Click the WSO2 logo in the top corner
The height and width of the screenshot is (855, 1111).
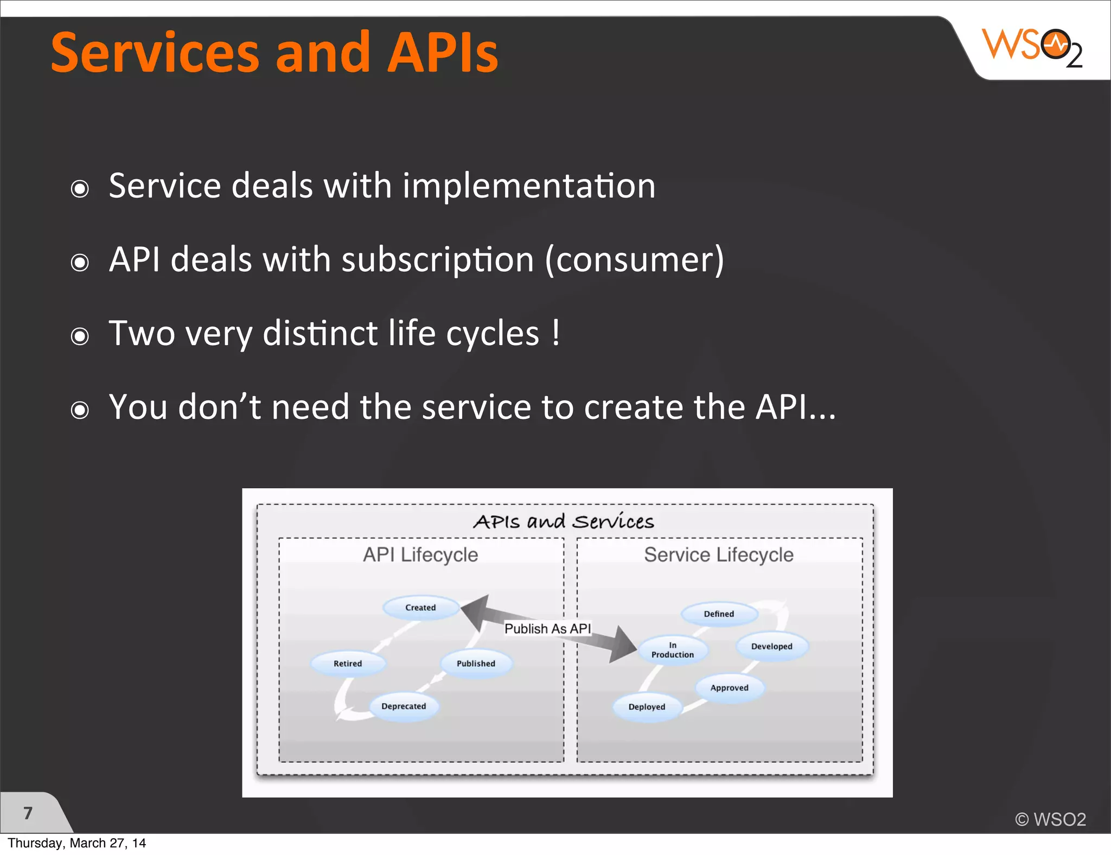point(1032,48)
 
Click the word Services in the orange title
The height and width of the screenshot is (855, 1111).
point(155,53)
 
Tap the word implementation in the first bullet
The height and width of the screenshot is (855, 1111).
point(529,186)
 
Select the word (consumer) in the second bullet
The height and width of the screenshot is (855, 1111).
point(635,260)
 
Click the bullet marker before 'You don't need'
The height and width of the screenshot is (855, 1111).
point(80,410)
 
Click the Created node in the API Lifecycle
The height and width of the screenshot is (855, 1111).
point(420,608)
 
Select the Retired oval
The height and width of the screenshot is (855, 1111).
point(348,663)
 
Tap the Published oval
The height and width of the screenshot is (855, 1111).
point(476,663)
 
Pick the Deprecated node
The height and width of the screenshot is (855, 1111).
point(404,706)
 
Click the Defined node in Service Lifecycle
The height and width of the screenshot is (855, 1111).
point(719,614)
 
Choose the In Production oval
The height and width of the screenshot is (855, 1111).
point(673,650)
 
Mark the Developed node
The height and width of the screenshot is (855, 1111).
point(771,647)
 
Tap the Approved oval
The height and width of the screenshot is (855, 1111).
point(729,688)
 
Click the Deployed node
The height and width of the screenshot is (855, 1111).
point(647,707)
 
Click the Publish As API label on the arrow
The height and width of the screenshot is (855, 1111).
point(547,629)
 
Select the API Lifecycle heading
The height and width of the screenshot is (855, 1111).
point(420,555)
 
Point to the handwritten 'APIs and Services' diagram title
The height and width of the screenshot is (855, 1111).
point(564,522)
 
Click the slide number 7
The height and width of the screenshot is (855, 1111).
point(28,813)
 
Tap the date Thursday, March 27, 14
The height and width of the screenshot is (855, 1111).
point(77,843)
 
